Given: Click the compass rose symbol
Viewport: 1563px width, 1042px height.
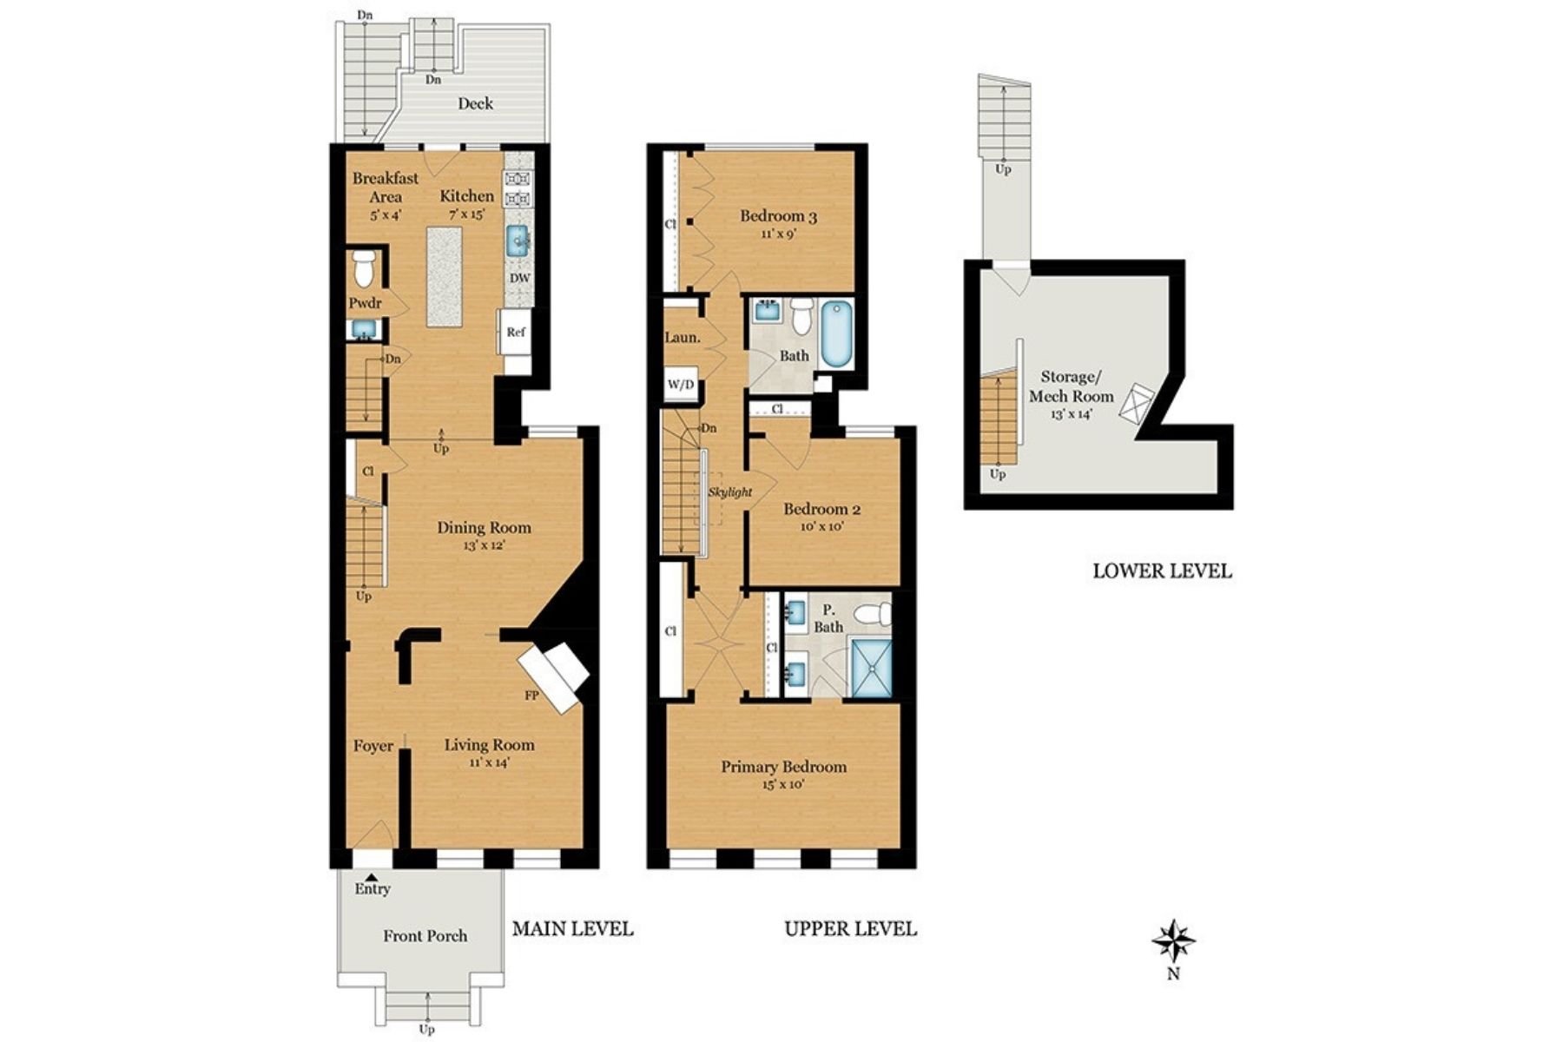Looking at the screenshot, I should [x=1173, y=941].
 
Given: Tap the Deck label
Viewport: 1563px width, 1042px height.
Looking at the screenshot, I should [x=475, y=103].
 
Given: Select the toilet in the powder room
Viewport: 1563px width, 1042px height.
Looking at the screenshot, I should [x=365, y=268].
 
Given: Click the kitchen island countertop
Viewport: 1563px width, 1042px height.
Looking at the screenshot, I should [x=447, y=277].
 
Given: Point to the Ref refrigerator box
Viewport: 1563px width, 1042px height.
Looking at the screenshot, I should [x=515, y=332].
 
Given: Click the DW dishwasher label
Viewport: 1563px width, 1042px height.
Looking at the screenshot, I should [x=519, y=279].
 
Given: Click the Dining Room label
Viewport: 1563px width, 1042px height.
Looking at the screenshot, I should [x=484, y=528].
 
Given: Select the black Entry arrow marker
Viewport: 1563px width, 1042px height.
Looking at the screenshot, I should [x=371, y=877].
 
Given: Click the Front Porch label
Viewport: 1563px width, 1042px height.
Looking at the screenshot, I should [x=425, y=936].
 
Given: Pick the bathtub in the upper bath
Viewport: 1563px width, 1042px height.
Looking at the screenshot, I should [x=837, y=333].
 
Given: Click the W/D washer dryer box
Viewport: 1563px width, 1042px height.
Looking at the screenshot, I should [x=682, y=385].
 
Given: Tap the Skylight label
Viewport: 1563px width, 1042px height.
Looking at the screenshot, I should [x=729, y=492].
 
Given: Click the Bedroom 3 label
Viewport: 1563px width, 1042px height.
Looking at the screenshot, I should [x=778, y=216].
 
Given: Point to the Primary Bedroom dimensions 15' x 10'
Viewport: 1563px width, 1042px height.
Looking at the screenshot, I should [x=783, y=785].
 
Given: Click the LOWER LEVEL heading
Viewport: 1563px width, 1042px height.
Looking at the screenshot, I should [x=1161, y=571].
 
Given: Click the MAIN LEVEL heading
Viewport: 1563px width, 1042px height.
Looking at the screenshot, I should [x=572, y=929].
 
